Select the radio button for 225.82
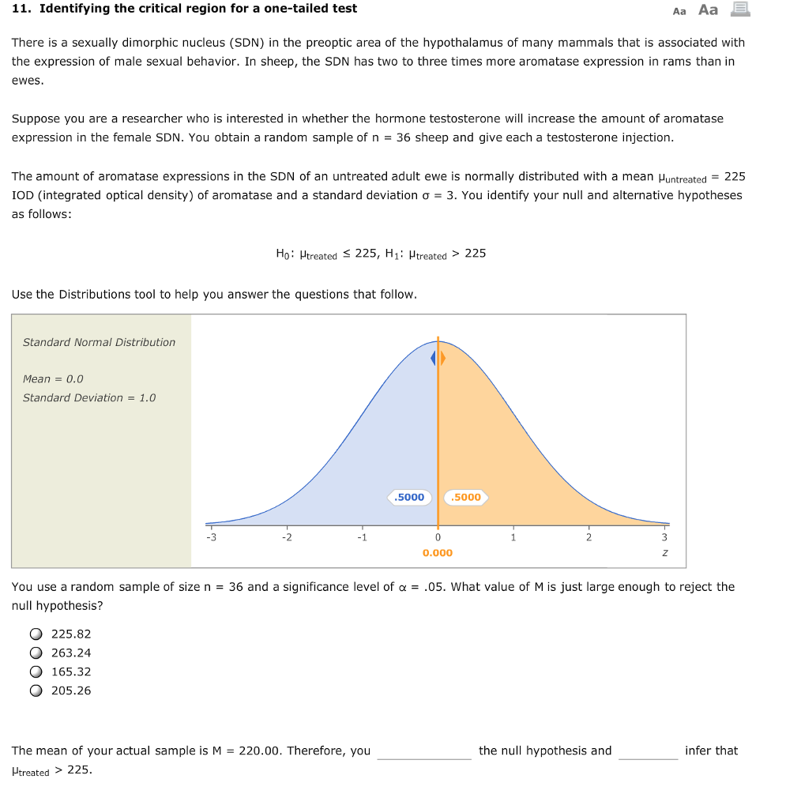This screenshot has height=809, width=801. point(36,634)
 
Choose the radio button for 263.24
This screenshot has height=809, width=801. point(36,653)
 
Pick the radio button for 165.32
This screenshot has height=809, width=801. point(36,672)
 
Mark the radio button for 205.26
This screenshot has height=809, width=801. point(36,690)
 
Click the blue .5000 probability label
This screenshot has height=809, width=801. point(409,497)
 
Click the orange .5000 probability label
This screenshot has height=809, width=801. point(466,497)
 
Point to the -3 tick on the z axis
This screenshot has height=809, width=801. point(211,537)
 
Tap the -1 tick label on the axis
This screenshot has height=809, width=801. point(361,537)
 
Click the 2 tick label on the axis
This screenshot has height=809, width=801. point(588,537)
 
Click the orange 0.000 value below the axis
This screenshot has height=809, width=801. point(438,553)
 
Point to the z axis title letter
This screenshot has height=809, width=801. point(664,553)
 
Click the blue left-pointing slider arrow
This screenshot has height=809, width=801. point(433,359)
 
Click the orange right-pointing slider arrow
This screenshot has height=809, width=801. point(443,359)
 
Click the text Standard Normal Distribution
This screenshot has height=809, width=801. point(99,342)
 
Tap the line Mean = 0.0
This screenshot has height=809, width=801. point(53,378)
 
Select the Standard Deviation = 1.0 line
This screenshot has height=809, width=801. point(89,397)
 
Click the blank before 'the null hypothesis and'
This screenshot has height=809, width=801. point(424,751)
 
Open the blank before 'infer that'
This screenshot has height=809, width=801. point(648,751)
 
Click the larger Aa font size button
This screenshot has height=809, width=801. point(709,10)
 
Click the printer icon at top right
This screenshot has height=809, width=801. point(740,9)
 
